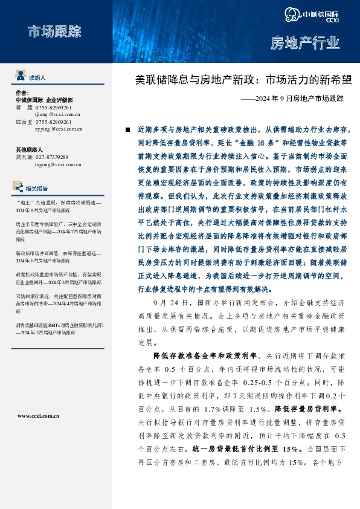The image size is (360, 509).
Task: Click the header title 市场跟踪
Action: (x=54, y=31)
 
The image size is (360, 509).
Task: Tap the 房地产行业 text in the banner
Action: (x=304, y=43)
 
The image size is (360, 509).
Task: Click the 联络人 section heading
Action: (x=37, y=78)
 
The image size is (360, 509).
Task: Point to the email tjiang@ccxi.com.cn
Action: (x=57, y=113)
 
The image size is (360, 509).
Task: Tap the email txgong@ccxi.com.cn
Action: (x=58, y=164)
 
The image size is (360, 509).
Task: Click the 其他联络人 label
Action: (x=28, y=149)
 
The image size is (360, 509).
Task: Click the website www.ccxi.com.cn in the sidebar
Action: (x=38, y=416)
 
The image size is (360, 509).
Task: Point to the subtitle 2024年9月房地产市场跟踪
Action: (x=296, y=98)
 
